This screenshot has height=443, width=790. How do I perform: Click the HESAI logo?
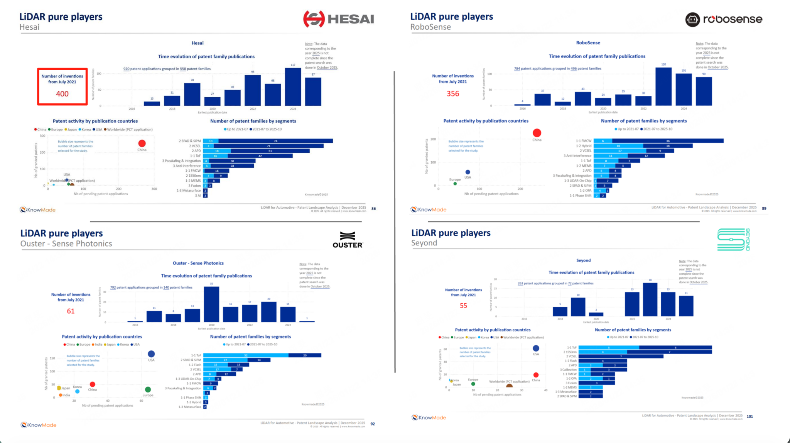coord(338,19)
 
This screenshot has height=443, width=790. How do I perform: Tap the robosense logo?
coord(724,19)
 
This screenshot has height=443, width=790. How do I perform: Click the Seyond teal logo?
coord(733,240)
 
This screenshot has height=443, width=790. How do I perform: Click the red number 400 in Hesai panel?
coord(62,94)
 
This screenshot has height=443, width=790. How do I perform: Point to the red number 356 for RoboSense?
coord(453,94)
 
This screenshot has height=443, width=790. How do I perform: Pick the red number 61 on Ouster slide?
coord(71,311)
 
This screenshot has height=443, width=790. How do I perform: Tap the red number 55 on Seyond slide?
coord(463,306)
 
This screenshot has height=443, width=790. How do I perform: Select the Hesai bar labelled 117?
coord(293,87)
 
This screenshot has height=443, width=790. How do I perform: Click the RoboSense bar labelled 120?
coord(663,86)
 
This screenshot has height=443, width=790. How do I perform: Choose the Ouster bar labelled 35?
coord(211,304)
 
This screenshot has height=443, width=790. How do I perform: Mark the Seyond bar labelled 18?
coord(650,299)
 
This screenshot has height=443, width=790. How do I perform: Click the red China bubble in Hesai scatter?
coord(142,144)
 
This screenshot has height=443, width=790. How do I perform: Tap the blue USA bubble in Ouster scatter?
coord(151,354)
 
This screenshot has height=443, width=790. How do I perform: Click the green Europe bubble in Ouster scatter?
coord(148,389)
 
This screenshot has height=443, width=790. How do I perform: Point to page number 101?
coord(749,417)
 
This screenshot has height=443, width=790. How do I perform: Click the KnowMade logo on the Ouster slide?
coord(39,425)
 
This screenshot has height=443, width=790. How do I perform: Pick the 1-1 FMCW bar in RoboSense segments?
coord(658,141)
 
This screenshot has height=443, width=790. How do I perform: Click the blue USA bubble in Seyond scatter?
coord(536,348)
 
